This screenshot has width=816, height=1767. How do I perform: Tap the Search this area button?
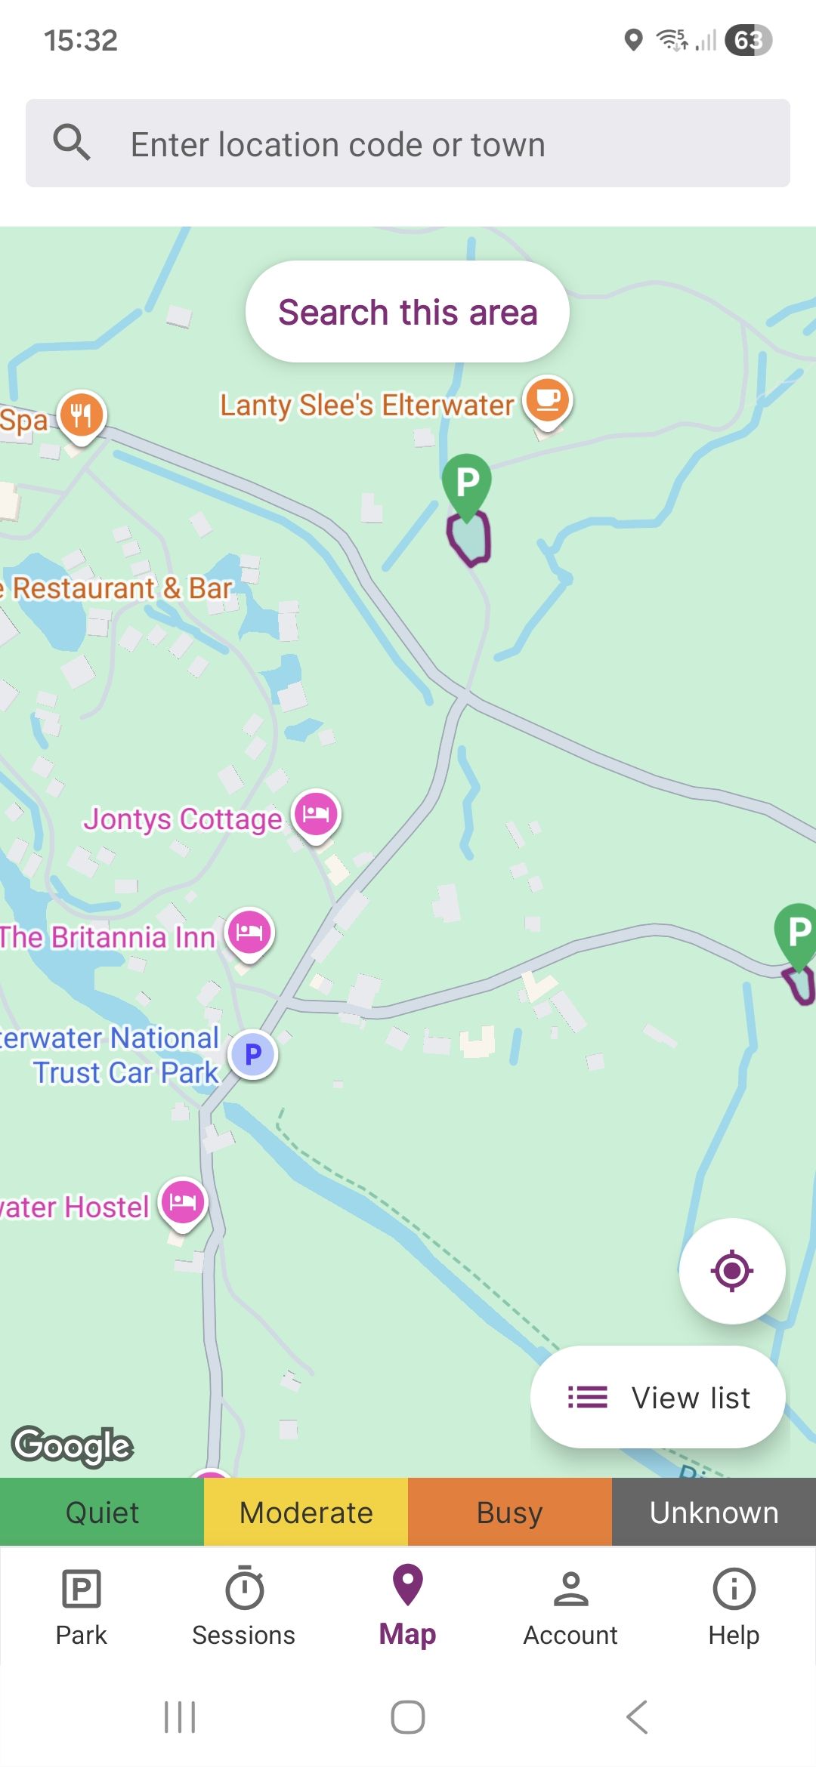[x=407, y=312]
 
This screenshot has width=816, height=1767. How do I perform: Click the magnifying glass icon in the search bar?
[x=72, y=143]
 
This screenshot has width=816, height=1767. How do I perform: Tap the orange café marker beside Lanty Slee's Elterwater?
[x=548, y=400]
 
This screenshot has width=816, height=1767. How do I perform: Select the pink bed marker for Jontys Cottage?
[x=316, y=814]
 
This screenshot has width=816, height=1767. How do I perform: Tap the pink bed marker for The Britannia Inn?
[x=249, y=932]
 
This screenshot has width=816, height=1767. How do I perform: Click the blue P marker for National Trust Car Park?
[x=253, y=1053]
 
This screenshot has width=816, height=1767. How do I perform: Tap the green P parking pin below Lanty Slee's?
[x=467, y=483]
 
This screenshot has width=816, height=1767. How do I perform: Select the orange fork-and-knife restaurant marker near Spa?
[x=82, y=415]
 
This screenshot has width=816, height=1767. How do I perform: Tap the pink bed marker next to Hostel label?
[x=183, y=1201]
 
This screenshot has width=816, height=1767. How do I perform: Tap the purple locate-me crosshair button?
[x=731, y=1271]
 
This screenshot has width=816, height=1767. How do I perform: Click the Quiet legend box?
[x=102, y=1513]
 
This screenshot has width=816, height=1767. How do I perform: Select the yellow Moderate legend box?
[x=306, y=1513]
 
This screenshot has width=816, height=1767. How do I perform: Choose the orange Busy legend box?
[x=510, y=1513]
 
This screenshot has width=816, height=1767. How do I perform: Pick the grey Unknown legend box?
[x=714, y=1513]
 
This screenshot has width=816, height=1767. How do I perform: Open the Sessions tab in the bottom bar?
[x=243, y=1605]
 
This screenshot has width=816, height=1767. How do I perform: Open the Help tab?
[x=734, y=1605]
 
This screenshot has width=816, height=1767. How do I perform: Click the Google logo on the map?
[x=73, y=1445]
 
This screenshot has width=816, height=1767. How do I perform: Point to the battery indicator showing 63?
[x=748, y=40]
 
